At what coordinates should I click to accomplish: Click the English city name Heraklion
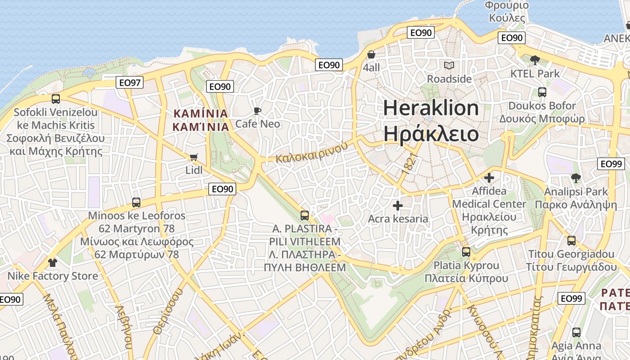pyautogui.click(x=431, y=108)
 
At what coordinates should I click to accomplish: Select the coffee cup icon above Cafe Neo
pyautogui.click(x=257, y=111)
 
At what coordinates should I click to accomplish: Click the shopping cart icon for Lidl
pyautogui.click(x=193, y=157)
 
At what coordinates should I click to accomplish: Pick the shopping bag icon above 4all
pyautogui.click(x=371, y=54)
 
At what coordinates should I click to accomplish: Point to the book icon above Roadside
pyautogui.click(x=449, y=66)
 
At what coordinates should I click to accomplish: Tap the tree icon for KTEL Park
pyautogui.click(x=535, y=60)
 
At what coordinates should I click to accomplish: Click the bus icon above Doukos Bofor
pyautogui.click(x=542, y=92)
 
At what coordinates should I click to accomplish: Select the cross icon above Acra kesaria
pyautogui.click(x=398, y=206)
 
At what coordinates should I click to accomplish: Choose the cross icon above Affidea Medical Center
pyautogui.click(x=489, y=178)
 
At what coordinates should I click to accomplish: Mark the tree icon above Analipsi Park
pyautogui.click(x=576, y=178)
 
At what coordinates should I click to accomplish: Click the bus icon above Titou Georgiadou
pyautogui.click(x=571, y=241)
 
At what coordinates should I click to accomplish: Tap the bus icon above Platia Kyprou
pyautogui.click(x=466, y=252)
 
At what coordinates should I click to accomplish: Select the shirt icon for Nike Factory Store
pyautogui.click(x=53, y=262)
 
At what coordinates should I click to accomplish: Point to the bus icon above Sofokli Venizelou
pyautogui.click(x=56, y=99)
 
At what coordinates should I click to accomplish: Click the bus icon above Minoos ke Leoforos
pyautogui.click(x=136, y=202)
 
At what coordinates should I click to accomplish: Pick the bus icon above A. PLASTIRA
pyautogui.click(x=305, y=216)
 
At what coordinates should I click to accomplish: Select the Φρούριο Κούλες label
pyautogui.click(x=507, y=12)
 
